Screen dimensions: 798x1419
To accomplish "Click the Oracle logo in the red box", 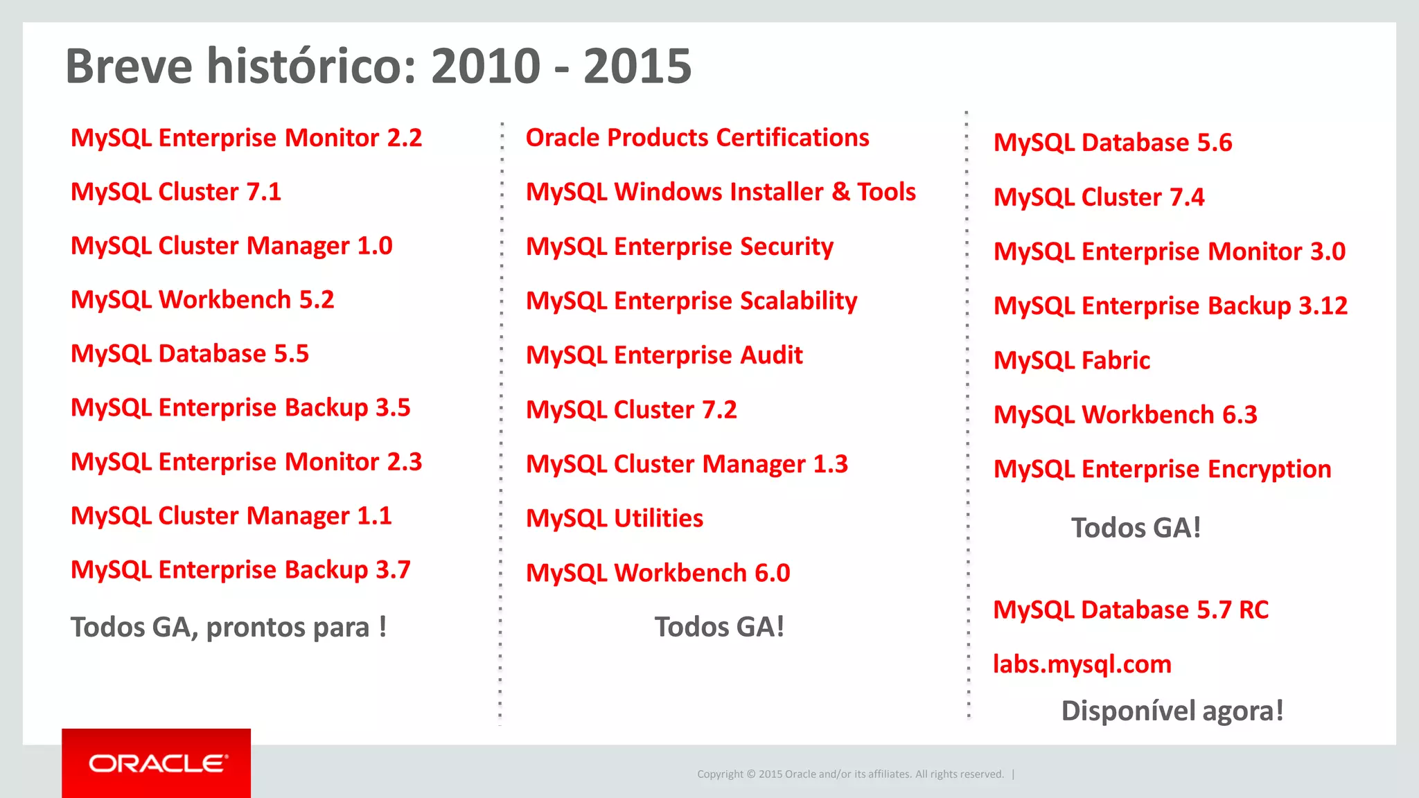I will pyautogui.click(x=157, y=763).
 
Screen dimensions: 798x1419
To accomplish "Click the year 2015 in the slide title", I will pyautogui.click(x=637, y=66).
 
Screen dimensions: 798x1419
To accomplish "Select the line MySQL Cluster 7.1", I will pyautogui.click(x=176, y=192).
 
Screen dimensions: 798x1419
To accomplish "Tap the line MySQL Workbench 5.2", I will pyautogui.click(x=202, y=300).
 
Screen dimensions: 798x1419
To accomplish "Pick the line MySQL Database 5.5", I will pyautogui.click(x=190, y=354).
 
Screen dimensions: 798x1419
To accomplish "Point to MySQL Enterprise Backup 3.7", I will pyautogui.click(x=240, y=570).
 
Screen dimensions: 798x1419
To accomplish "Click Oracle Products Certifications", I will pyautogui.click(x=697, y=138).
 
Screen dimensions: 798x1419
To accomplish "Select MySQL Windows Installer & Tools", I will pyautogui.click(x=721, y=192).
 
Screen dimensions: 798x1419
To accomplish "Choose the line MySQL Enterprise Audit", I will pyautogui.click(x=664, y=355).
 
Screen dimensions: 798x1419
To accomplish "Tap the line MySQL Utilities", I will pyautogui.click(x=615, y=518).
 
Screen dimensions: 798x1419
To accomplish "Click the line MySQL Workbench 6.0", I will pyautogui.click(x=658, y=573).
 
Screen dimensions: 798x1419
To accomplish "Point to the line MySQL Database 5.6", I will pyautogui.click(x=1113, y=143).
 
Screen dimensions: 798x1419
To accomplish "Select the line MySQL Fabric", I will pyautogui.click(x=1071, y=360).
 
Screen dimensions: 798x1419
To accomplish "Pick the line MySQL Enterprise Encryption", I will pyautogui.click(x=1162, y=469).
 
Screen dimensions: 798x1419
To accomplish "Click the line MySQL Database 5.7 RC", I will pyautogui.click(x=1131, y=610).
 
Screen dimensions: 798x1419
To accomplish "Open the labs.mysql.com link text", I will pyautogui.click(x=1082, y=664).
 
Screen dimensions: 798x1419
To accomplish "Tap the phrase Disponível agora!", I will pyautogui.click(x=1172, y=711).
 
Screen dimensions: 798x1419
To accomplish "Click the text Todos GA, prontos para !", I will pyautogui.click(x=228, y=628).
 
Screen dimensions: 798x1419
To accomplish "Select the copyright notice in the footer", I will pyautogui.click(x=850, y=774).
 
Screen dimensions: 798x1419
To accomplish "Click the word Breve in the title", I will pyautogui.click(x=129, y=66).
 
